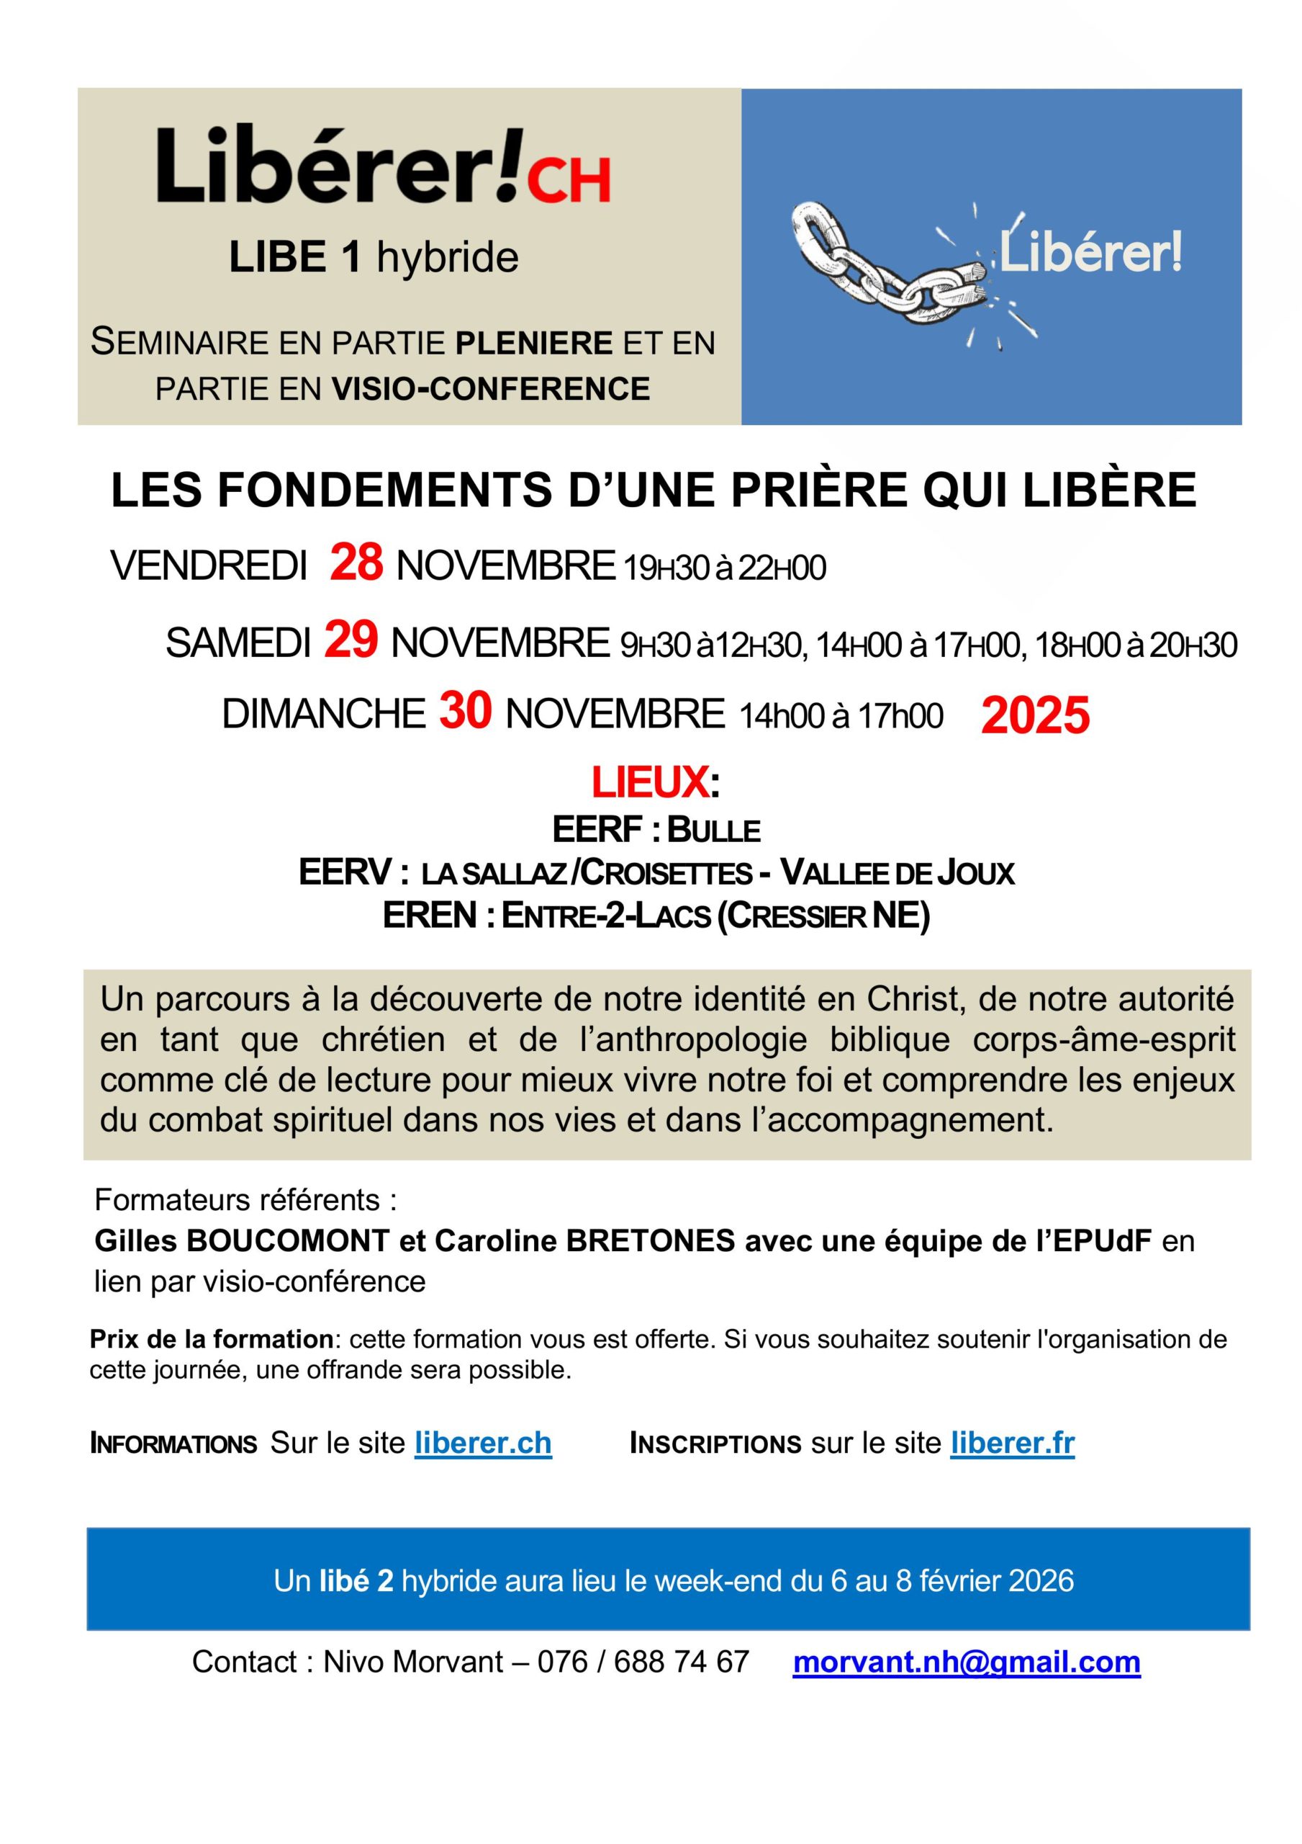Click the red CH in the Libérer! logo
coord(569,179)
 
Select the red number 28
coord(356,563)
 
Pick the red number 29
coord(351,640)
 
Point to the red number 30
coord(465,712)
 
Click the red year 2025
coord(1035,715)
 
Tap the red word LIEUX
coord(650,782)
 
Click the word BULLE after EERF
coord(713,830)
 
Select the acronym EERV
coord(345,872)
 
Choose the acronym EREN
coord(430,915)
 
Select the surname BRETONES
coord(650,1242)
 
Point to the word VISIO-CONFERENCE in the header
coord(490,389)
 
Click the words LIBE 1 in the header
coord(294,258)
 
